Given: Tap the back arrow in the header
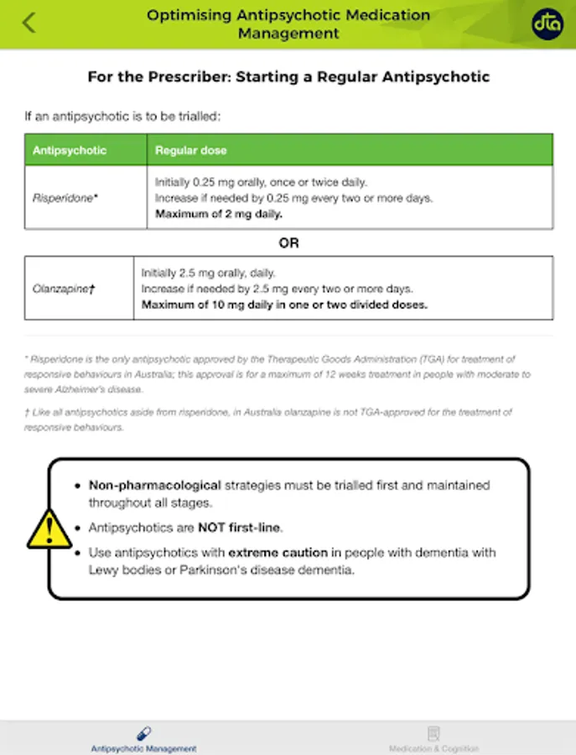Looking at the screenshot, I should [29, 23].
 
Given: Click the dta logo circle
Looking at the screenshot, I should [547, 24].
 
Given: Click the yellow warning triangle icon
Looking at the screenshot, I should [49, 528].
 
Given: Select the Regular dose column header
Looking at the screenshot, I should [190, 150].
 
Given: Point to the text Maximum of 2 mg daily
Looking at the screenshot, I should [219, 214].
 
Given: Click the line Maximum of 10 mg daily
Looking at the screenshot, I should [284, 305].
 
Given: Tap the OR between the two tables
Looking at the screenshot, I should [288, 243].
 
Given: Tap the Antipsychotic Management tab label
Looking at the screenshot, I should [143, 748].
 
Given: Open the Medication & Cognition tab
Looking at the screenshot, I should [433, 748].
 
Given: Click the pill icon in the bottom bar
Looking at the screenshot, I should [143, 733].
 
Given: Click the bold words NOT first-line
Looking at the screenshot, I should [240, 528].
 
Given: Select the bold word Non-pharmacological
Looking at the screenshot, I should [155, 485].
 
